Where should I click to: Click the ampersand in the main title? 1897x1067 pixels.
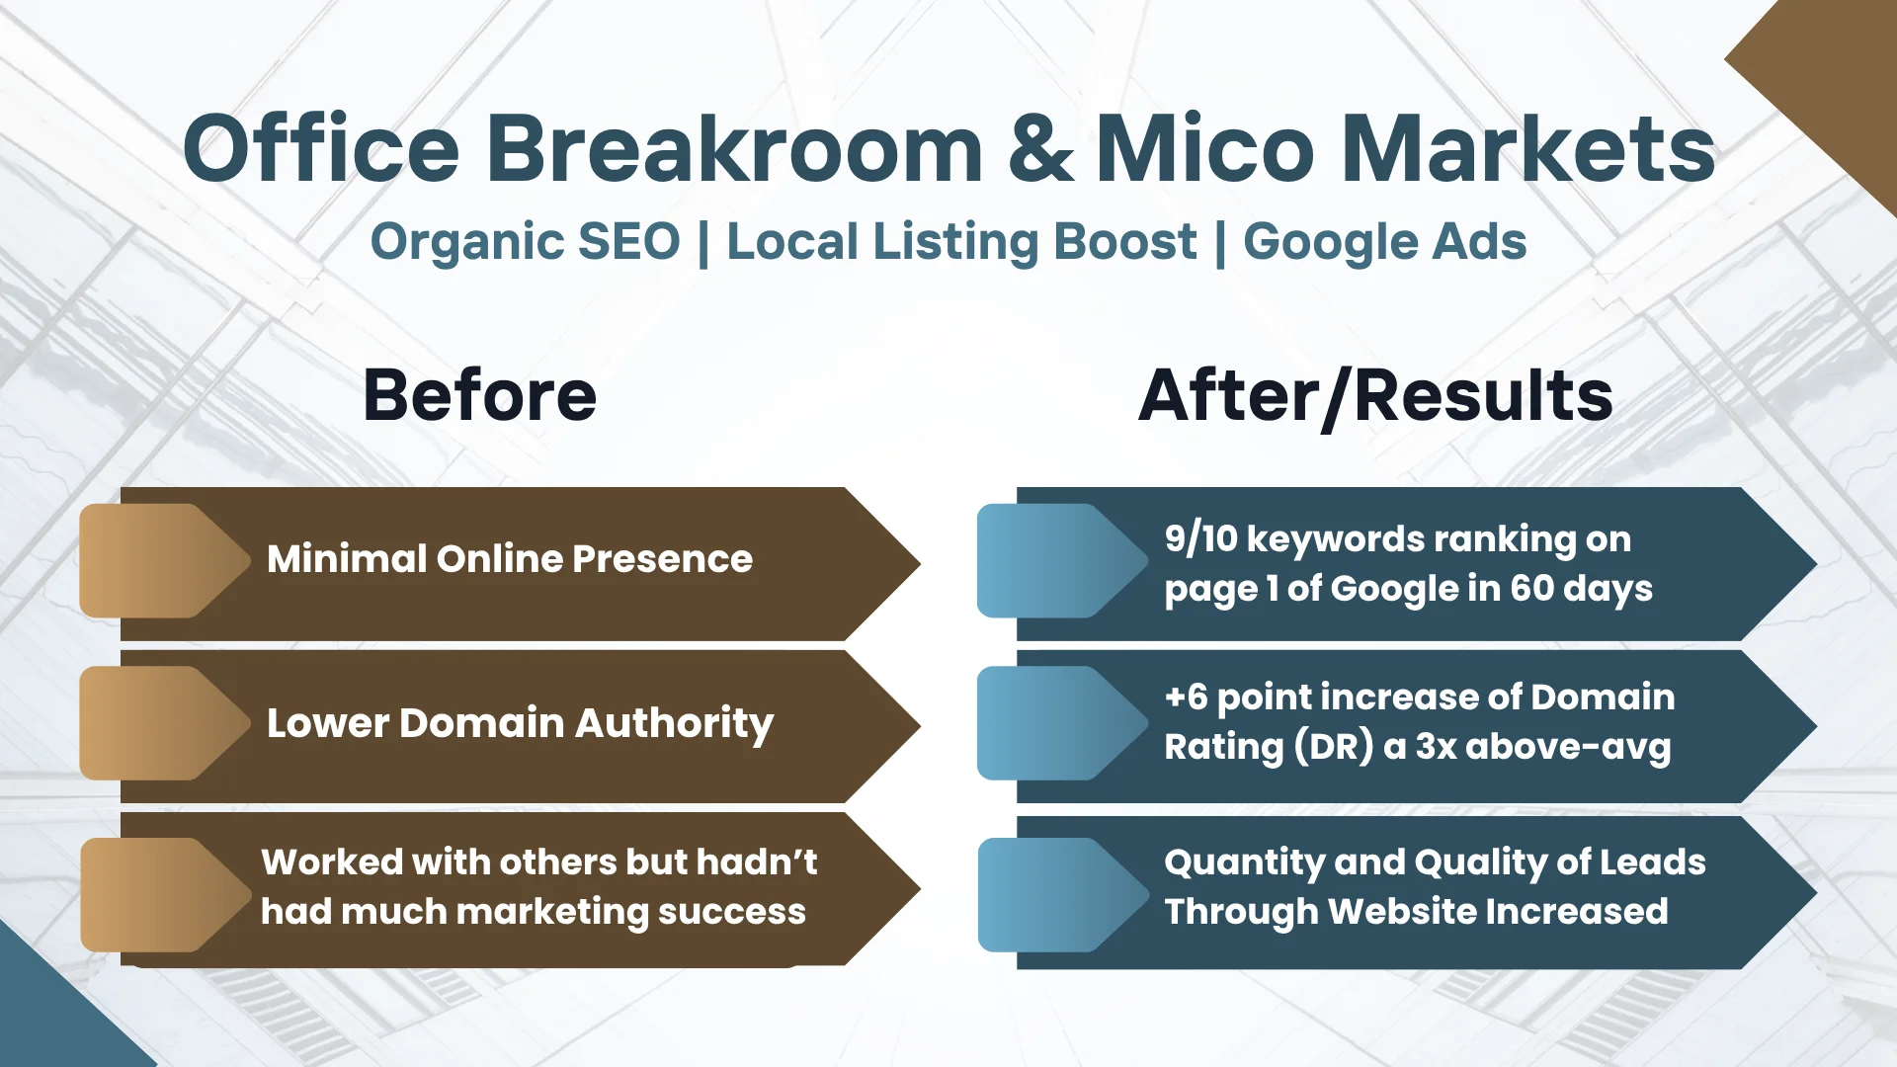point(1040,148)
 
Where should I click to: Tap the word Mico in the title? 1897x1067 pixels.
point(1204,148)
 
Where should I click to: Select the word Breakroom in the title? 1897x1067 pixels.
point(734,147)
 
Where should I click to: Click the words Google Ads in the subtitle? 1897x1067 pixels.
point(1384,242)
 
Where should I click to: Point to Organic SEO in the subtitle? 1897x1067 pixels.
point(525,242)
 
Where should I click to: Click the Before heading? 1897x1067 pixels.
point(480,395)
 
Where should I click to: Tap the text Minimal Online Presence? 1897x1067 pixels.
point(510,559)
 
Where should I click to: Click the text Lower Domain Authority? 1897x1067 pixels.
point(521,724)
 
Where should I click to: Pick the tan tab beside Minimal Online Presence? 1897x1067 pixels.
point(163,561)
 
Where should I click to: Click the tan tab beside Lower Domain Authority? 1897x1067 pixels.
point(163,723)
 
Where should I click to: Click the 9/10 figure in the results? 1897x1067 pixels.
point(1200,539)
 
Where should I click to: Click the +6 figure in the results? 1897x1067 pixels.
point(1186,698)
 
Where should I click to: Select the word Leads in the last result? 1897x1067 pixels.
point(1653,862)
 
